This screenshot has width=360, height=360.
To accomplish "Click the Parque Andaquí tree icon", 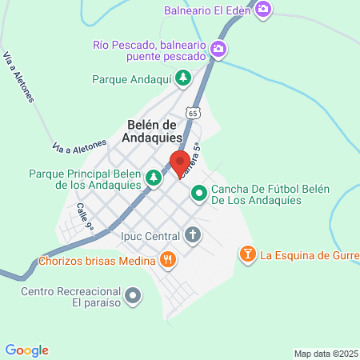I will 184,78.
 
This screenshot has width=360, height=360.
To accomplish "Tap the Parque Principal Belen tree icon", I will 153,178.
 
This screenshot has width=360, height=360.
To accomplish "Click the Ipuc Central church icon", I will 193,235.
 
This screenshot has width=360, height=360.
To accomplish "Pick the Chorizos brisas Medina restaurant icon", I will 167,258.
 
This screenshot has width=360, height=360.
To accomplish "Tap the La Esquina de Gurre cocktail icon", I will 247,255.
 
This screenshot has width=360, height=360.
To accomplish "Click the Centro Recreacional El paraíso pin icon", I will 134,297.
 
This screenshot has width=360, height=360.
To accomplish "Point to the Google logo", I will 26,350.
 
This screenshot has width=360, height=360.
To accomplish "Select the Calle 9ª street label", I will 85,217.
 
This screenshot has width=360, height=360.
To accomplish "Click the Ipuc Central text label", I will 150,236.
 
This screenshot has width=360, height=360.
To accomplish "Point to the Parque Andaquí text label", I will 132,79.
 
